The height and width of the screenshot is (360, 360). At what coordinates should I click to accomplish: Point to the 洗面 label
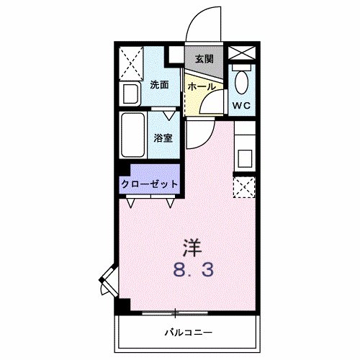[159, 85]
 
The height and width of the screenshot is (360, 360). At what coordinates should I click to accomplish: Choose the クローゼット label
[149, 184]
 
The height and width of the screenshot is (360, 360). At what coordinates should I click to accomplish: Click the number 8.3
[192, 272]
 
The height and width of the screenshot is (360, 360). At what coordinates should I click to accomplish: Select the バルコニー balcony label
[186, 332]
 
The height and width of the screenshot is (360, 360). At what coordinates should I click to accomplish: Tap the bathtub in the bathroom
[133, 137]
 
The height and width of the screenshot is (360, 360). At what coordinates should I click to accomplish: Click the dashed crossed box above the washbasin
[131, 60]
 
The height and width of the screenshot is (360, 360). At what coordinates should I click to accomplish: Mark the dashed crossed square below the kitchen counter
[244, 188]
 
